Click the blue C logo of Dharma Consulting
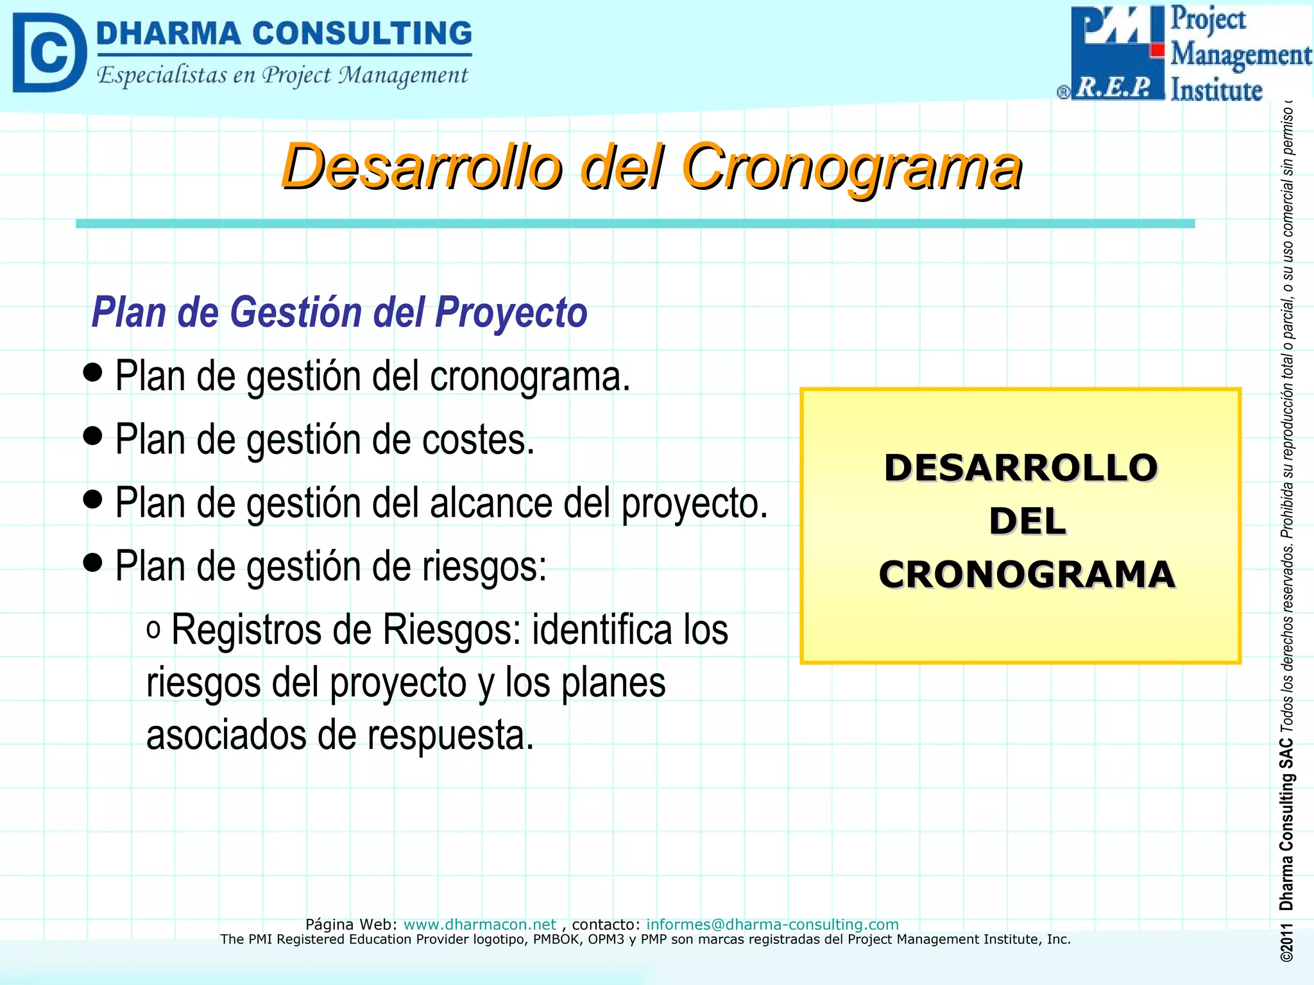[x=49, y=53]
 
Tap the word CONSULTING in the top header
[x=362, y=33]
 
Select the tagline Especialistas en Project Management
[x=282, y=76]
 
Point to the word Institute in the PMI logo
[x=1216, y=90]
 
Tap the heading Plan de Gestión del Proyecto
[x=339, y=312]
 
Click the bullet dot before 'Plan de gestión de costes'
[x=93, y=435]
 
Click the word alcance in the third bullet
[x=491, y=503]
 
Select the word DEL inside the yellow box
[x=1027, y=521]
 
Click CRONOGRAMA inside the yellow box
[x=1027, y=575]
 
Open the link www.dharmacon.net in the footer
[x=479, y=924]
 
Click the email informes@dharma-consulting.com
[x=772, y=924]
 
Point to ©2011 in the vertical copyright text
[x=1286, y=943]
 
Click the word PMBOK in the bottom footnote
[x=558, y=939]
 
